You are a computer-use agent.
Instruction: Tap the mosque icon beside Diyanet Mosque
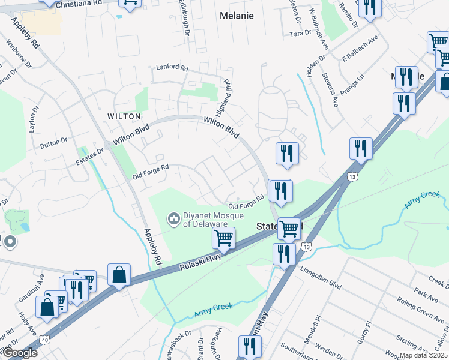(x=174, y=218)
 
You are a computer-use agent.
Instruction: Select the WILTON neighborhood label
(x=124, y=116)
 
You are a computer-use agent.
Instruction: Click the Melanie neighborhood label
(x=237, y=14)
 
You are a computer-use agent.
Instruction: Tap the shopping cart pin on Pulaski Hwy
(x=224, y=238)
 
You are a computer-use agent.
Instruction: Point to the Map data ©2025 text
(x=424, y=355)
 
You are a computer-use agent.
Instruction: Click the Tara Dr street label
(x=299, y=34)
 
